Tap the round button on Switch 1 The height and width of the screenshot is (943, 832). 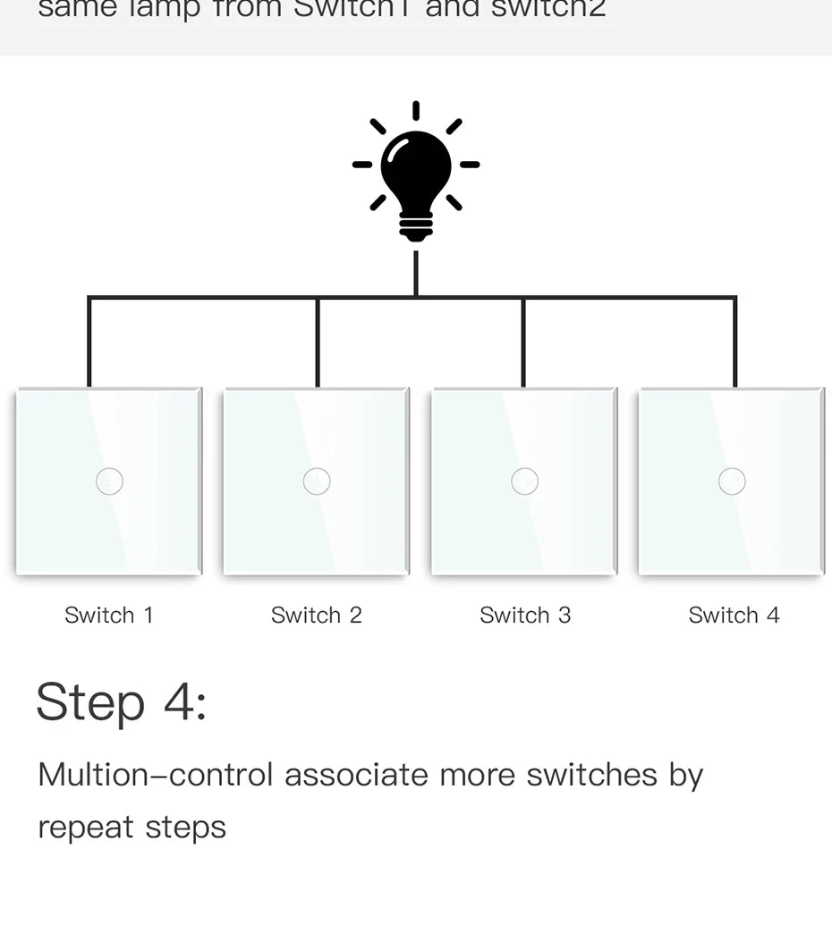click(109, 481)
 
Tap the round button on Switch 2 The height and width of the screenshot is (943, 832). click(317, 481)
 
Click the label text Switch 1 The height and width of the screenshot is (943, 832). click(109, 616)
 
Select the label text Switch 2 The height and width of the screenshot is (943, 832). click(317, 616)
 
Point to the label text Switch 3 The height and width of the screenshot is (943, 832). click(525, 616)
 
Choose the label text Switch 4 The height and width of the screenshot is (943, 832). click(734, 616)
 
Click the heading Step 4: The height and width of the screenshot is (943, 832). click(122, 702)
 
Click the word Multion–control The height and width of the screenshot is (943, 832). click(155, 775)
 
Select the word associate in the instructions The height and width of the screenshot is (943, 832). click(357, 775)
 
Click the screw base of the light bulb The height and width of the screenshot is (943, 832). click(416, 228)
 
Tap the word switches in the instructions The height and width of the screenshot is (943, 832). click(592, 775)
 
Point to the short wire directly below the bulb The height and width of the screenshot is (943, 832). click(416, 273)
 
